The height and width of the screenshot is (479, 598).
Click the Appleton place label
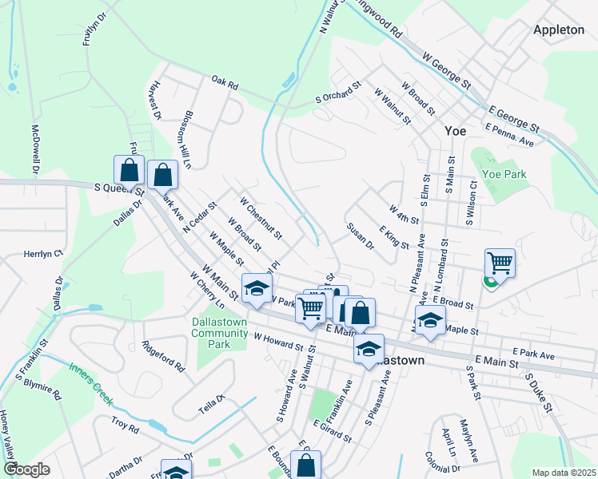[559, 30]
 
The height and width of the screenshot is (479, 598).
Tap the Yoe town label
[455, 131]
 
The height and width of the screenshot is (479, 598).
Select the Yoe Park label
[504, 174]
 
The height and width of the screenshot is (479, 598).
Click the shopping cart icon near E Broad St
[500, 263]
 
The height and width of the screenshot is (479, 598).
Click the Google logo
[26, 469]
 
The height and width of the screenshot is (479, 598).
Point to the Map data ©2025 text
[563, 472]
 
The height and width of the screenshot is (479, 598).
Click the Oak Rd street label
[225, 82]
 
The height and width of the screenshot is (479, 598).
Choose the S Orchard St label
[338, 93]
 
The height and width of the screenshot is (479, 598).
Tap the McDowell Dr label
[34, 148]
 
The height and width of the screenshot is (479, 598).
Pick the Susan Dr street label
[361, 236]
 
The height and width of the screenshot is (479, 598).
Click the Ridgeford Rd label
[163, 357]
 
